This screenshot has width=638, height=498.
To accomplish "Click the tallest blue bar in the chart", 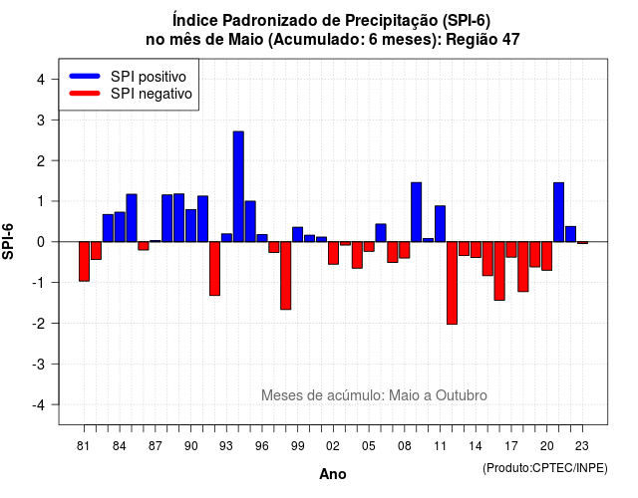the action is tap(238, 186).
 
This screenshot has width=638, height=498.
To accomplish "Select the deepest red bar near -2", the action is tap(452, 283).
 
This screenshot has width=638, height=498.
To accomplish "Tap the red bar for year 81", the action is tap(84, 261).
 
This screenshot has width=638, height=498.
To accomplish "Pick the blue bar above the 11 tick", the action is tap(440, 223).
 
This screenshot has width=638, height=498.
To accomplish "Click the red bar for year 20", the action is tap(547, 256).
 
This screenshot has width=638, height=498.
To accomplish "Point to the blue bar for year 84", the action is tap(120, 227).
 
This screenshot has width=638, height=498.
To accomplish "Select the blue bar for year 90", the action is tap(190, 226).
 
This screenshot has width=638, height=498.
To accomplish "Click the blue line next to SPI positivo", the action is tap(85, 76).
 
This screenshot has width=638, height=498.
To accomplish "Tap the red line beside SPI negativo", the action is tap(85, 94).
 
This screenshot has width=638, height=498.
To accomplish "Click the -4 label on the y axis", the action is tap(39, 405).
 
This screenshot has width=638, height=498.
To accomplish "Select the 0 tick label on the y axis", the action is tap(41, 242).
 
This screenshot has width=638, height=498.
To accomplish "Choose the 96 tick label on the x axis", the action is tap(262, 446).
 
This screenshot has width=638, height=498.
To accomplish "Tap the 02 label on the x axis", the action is tap(333, 446).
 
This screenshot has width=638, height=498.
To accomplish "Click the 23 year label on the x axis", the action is tap(582, 446).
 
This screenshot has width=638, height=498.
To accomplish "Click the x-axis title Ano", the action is tap(333, 474).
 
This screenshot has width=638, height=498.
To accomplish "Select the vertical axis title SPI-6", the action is tap(8, 241).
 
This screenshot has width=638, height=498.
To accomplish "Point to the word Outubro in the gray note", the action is tap(462, 395).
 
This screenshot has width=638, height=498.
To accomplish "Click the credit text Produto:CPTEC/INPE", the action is tap(545, 468).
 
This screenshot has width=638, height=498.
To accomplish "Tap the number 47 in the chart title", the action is tap(511, 40).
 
